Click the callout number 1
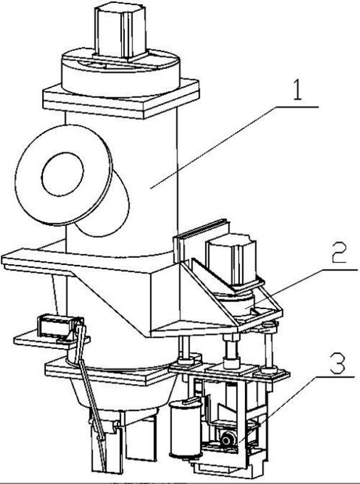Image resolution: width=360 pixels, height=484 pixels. (x=298, y=89)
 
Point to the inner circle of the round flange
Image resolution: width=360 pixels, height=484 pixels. (x=62, y=174)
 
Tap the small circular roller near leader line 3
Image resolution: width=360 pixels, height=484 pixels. (x=228, y=439)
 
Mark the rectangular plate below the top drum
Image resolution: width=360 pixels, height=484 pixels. (x=121, y=99)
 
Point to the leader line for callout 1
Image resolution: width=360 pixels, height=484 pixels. (x=234, y=147)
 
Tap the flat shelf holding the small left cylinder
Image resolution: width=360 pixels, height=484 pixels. (x=51, y=341)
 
